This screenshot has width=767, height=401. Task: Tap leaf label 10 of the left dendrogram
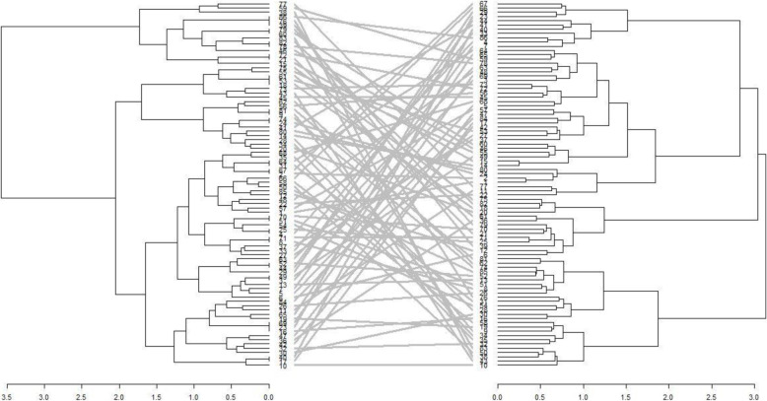(x=283, y=366)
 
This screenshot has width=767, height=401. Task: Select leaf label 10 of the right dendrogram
(x=483, y=366)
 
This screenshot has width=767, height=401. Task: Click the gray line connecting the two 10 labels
(x=384, y=366)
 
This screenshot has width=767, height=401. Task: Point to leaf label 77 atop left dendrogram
(x=283, y=5)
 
